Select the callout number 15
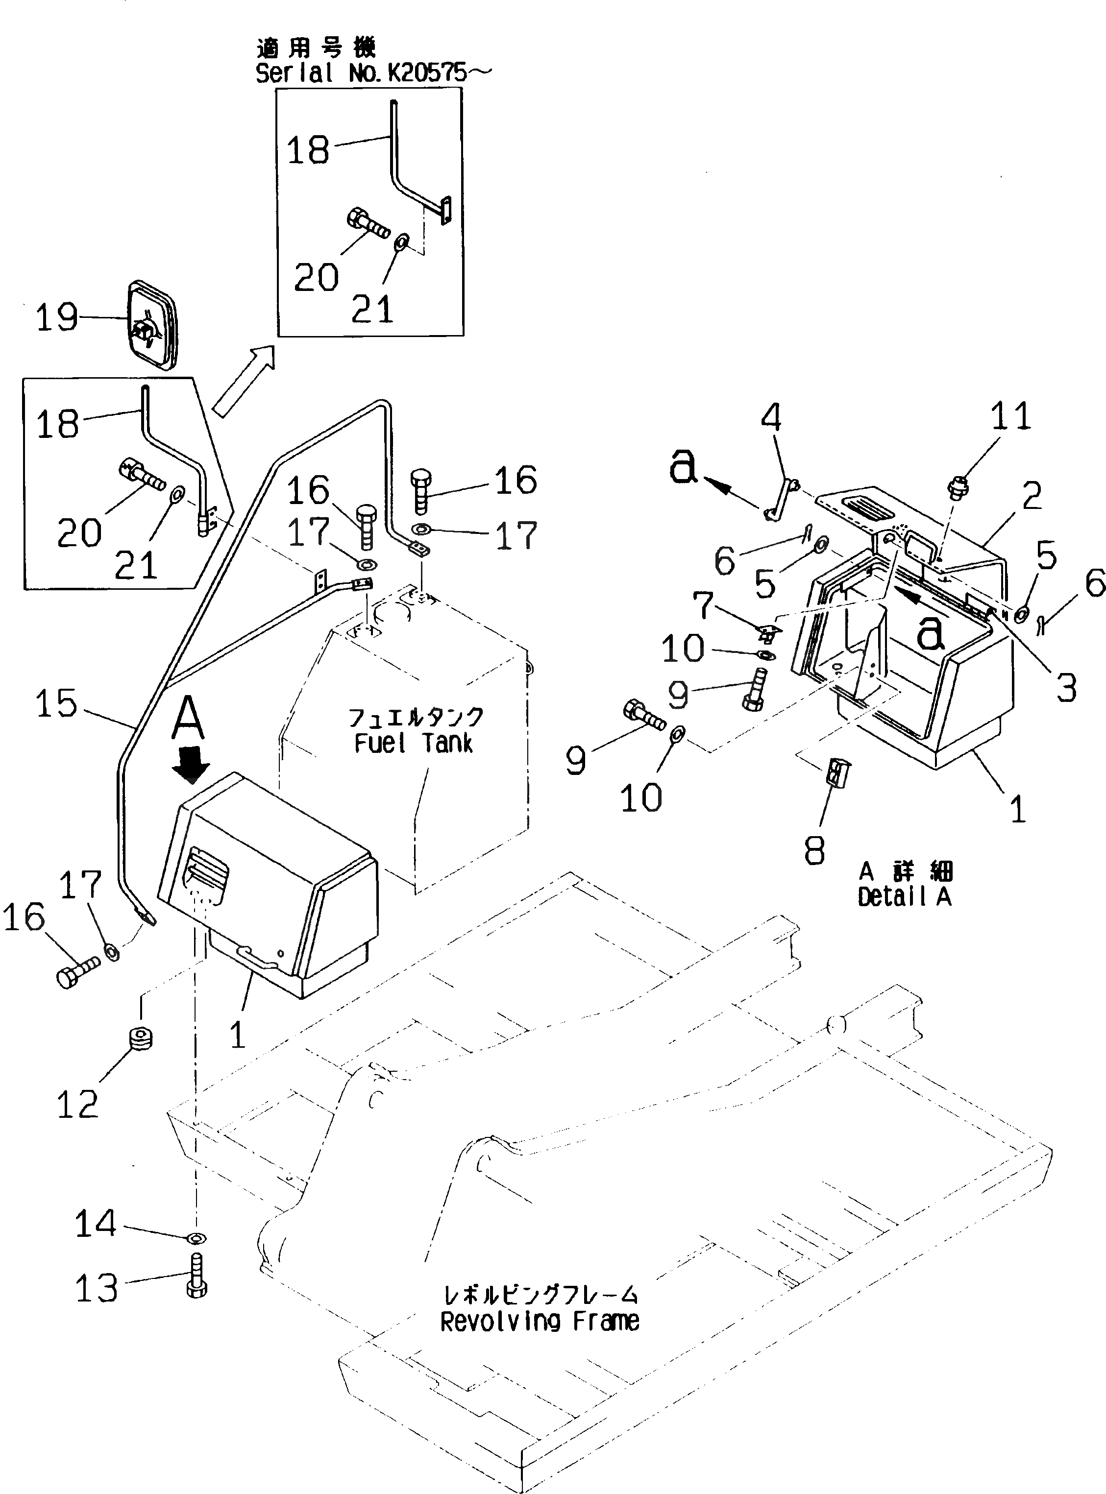click(57, 704)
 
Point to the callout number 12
click(77, 1105)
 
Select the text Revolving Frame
click(540, 1322)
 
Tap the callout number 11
click(1010, 416)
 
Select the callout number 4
click(771, 418)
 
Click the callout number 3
click(1066, 687)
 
